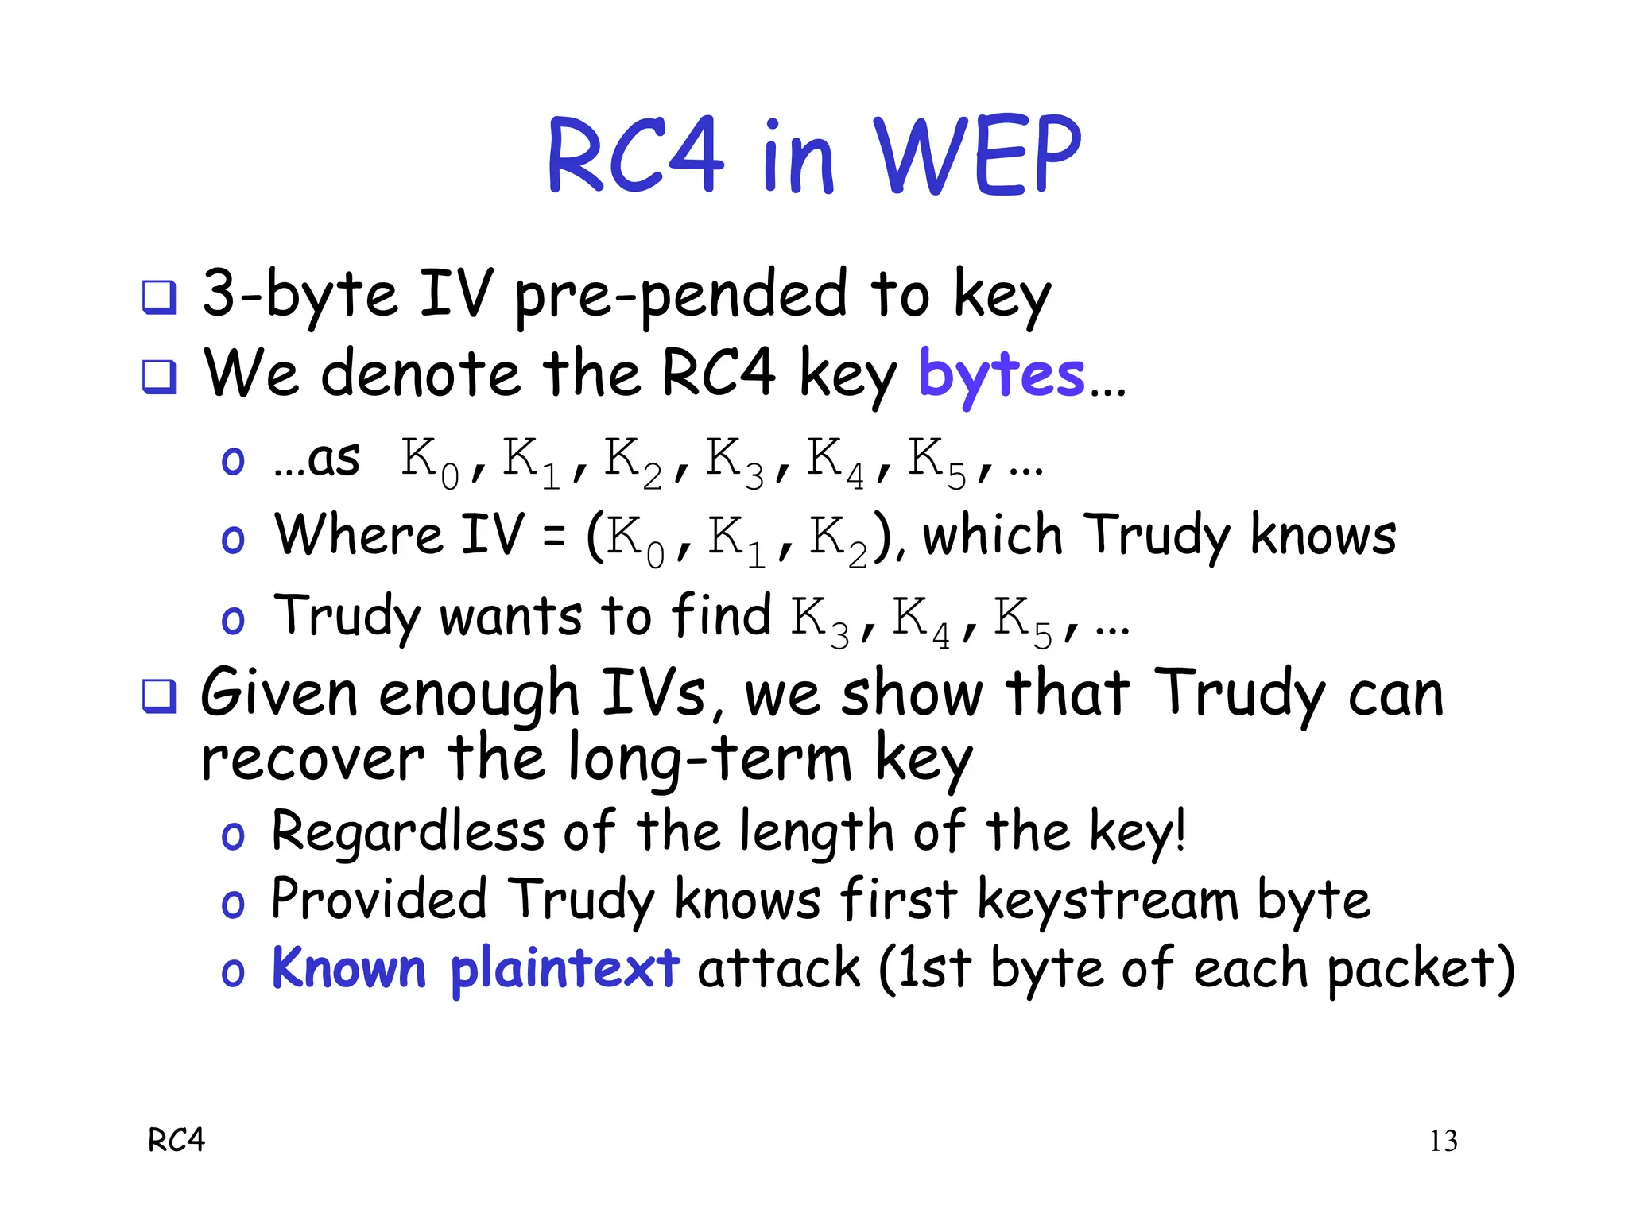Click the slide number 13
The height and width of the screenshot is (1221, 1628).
pyautogui.click(x=1443, y=1141)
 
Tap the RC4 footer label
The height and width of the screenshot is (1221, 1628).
pyautogui.click(x=176, y=1140)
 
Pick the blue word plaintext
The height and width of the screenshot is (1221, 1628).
pyautogui.click(x=564, y=970)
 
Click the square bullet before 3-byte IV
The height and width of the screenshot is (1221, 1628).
pyautogui.click(x=159, y=297)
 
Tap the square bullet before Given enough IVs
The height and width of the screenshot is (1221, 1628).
pyautogui.click(x=159, y=696)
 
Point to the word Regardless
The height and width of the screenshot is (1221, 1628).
pyautogui.click(x=408, y=831)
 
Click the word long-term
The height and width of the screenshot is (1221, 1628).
pyautogui.click(x=710, y=759)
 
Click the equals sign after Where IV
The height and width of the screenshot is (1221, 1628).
pyautogui.click(x=554, y=537)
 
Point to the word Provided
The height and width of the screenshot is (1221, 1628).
pyautogui.click(x=378, y=900)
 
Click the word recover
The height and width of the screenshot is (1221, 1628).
pyautogui.click(x=312, y=759)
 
